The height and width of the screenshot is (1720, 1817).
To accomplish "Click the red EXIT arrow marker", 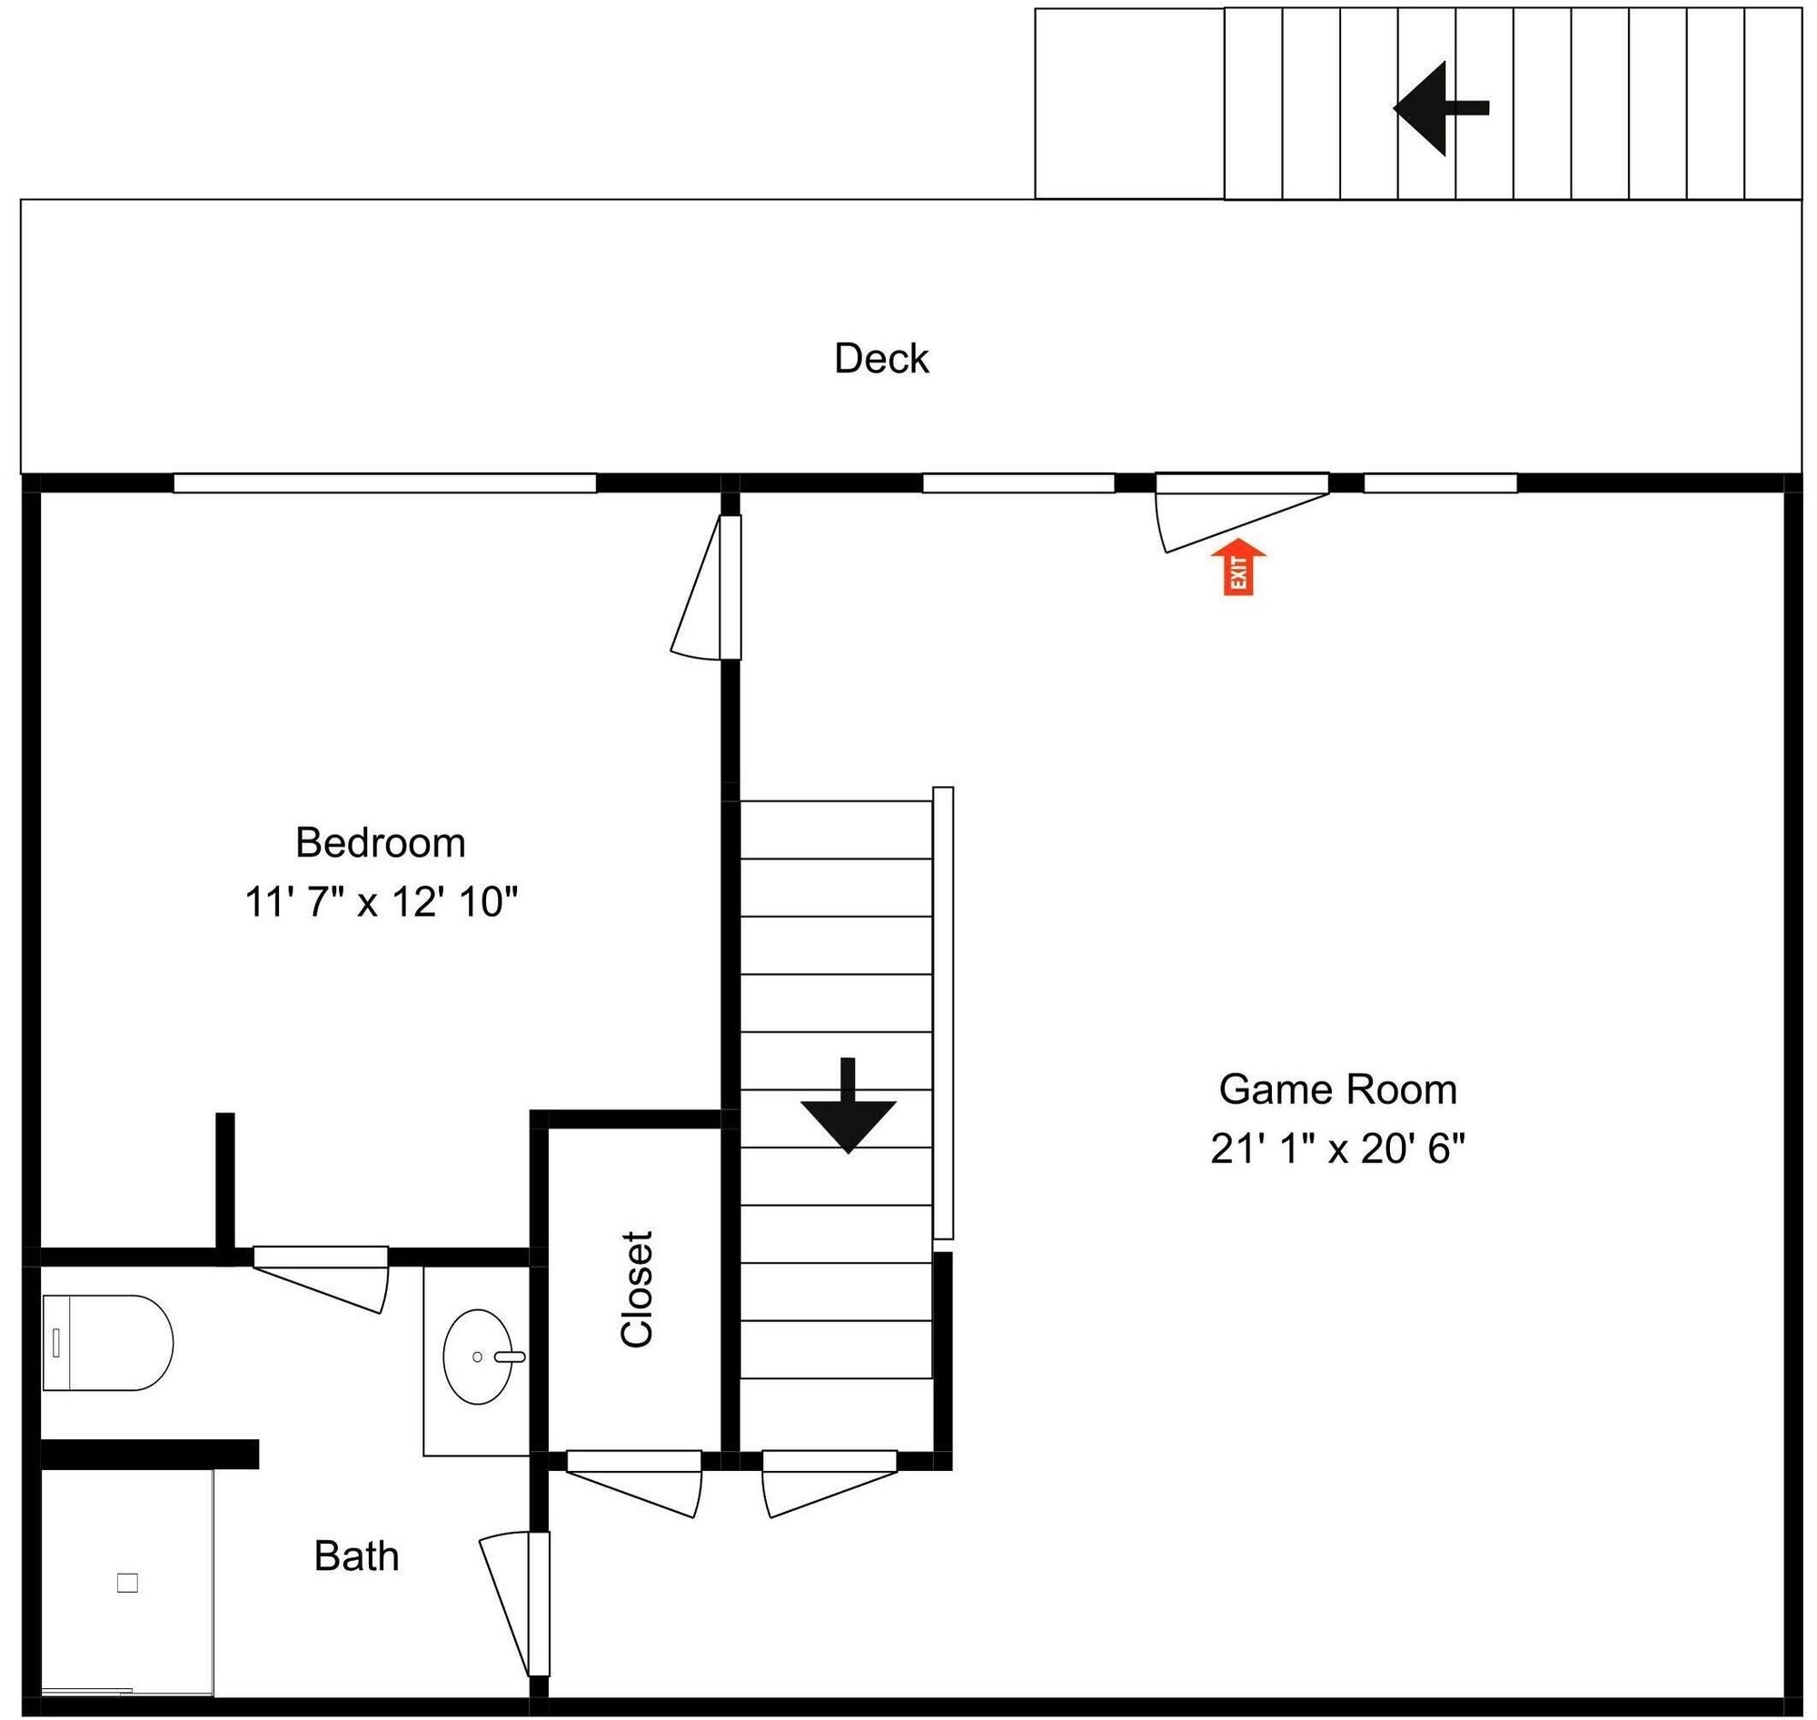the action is [1237, 567].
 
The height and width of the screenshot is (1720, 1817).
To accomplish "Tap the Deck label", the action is [881, 359].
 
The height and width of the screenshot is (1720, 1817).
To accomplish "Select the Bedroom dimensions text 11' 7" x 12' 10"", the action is [381, 902].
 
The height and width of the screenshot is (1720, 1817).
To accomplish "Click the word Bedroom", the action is [381, 842].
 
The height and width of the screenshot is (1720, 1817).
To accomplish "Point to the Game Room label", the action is [1337, 1089].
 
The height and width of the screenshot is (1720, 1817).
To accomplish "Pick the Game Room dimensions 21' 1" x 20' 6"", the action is [1337, 1148].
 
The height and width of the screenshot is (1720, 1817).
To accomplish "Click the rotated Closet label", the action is [636, 1289].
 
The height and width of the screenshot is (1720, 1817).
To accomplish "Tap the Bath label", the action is [357, 1556].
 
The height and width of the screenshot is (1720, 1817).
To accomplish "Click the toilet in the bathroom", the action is [107, 1343].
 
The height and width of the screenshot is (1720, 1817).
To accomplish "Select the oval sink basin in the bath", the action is [479, 1357].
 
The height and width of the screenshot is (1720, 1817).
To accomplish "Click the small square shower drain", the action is [127, 1584].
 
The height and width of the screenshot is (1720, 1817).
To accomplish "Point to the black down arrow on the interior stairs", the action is [848, 1105].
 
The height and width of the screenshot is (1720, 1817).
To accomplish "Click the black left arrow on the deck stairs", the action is [1440, 108].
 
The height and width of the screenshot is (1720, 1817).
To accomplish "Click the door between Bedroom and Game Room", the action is [706, 587].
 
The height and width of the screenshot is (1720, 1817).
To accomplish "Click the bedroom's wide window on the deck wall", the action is [385, 483].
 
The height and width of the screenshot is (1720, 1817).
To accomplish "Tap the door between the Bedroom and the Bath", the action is [320, 1279].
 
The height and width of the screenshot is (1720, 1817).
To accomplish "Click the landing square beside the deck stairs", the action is [1129, 104].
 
